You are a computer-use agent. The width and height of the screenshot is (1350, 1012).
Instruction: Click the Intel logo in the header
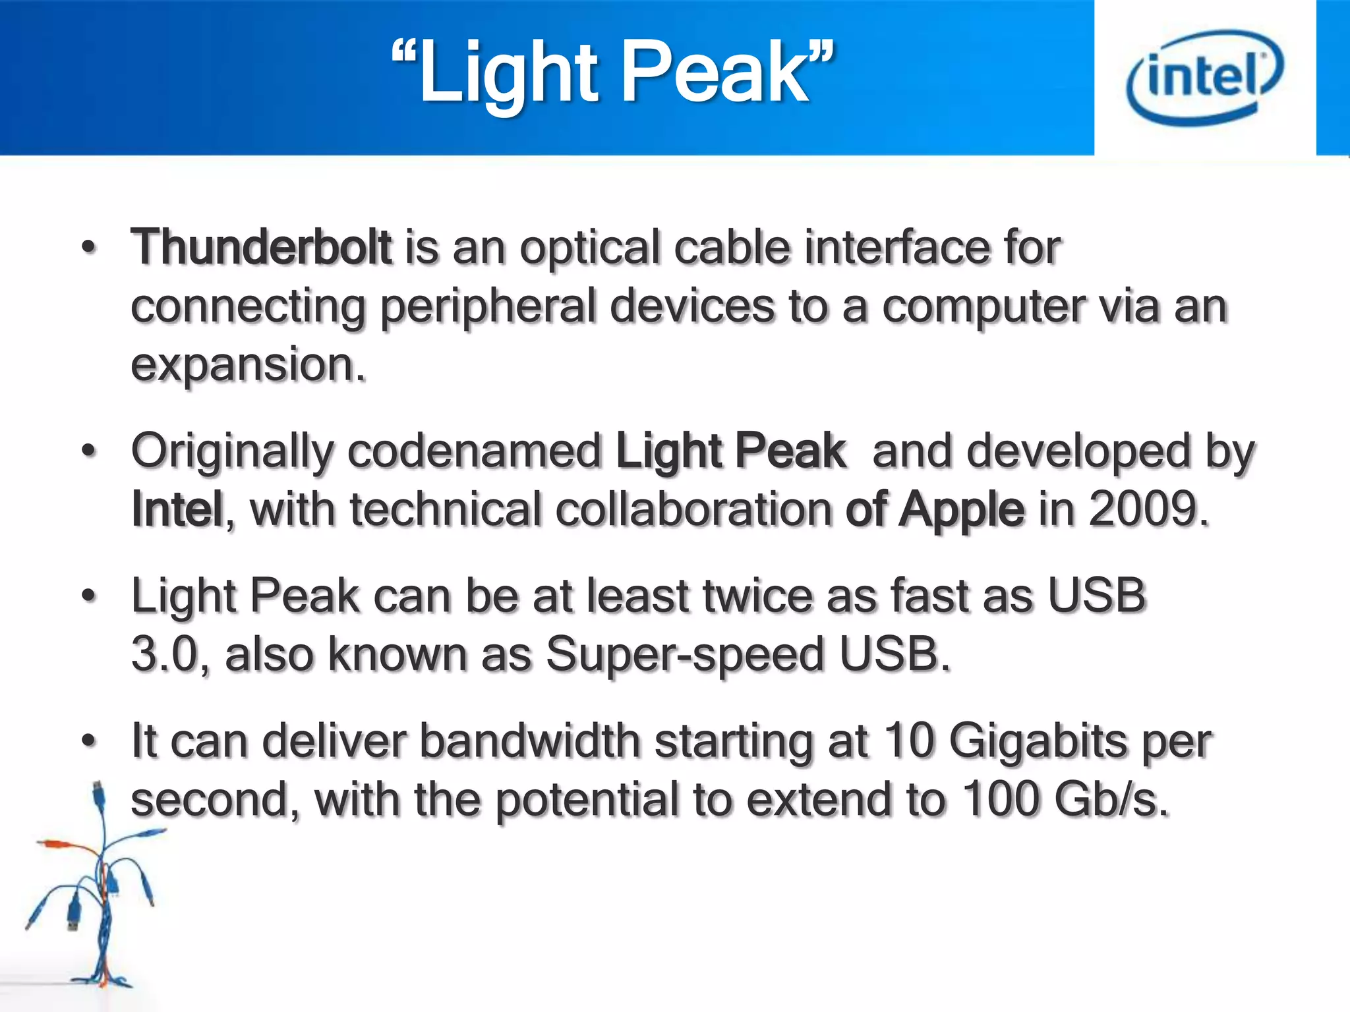pyautogui.click(x=1205, y=77)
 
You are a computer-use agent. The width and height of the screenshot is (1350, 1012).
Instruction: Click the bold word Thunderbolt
pyautogui.click(x=262, y=248)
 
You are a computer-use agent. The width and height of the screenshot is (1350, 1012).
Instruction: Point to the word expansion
pyautogui.click(x=247, y=366)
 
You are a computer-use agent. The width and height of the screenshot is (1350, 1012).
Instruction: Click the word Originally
pyautogui.click(x=232, y=452)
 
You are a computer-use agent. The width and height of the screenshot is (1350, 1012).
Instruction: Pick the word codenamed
pyautogui.click(x=475, y=452)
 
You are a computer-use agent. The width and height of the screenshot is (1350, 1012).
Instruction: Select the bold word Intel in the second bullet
pyautogui.click(x=177, y=509)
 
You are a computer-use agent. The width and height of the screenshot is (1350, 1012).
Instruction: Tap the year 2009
pyautogui.click(x=1148, y=509)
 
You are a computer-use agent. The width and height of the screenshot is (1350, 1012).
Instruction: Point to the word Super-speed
pyautogui.click(x=685, y=656)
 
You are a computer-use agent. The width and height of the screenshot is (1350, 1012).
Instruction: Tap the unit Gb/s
pyautogui.click(x=1111, y=800)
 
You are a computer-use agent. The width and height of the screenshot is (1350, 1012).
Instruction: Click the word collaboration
pyautogui.click(x=694, y=509)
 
